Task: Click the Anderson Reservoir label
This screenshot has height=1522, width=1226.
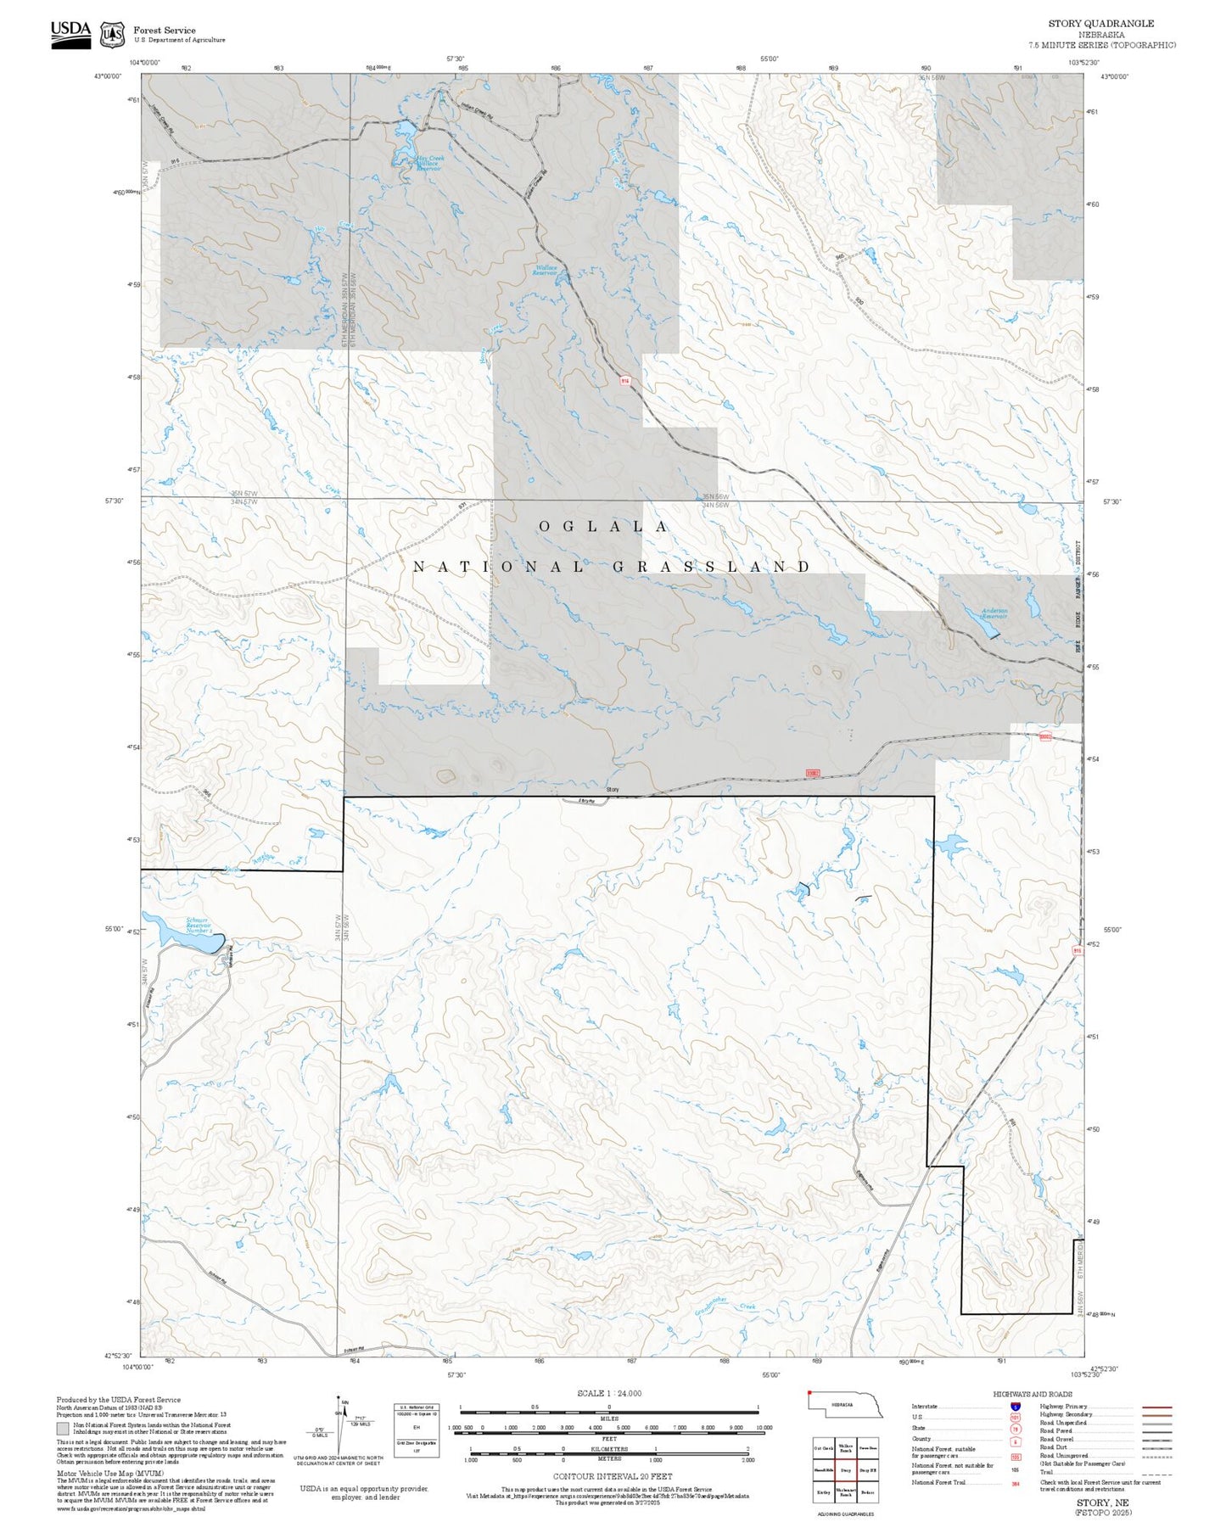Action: point(994,613)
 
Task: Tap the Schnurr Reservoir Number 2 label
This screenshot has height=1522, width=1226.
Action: point(199,926)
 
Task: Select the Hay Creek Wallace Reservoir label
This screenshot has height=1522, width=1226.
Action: point(429,162)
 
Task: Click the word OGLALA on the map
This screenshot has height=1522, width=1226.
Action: point(603,527)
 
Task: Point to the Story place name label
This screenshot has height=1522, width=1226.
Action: point(613,790)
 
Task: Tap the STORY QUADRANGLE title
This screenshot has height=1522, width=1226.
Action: point(1100,24)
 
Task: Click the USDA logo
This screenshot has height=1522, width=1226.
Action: point(70,34)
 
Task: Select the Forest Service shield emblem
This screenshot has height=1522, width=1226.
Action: point(112,35)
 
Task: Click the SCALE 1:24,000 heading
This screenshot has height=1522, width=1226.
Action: point(608,1393)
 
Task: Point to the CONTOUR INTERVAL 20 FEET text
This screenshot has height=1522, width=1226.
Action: point(612,1476)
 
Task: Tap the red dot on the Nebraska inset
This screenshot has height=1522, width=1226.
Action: point(810,1392)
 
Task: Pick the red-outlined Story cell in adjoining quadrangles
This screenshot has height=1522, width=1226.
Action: point(845,1470)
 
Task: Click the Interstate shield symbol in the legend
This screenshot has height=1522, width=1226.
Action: point(1016,1407)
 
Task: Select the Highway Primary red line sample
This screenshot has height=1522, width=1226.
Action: point(1157,1407)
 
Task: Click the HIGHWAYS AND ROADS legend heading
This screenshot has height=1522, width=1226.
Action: point(1032,1394)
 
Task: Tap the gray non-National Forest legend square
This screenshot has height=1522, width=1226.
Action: point(63,1429)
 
